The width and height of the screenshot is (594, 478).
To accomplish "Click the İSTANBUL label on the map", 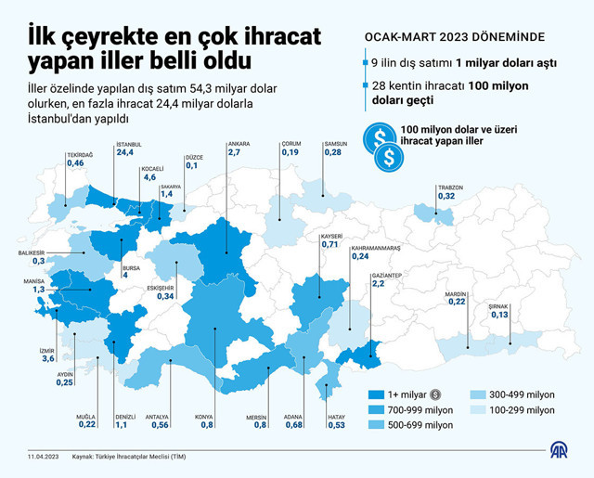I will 129,145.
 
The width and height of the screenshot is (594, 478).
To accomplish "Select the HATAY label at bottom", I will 336,417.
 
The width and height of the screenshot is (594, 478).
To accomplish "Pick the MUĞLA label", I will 87,417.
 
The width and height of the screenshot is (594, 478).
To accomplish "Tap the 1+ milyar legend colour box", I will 377,394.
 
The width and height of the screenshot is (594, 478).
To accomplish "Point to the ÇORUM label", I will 291,144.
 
